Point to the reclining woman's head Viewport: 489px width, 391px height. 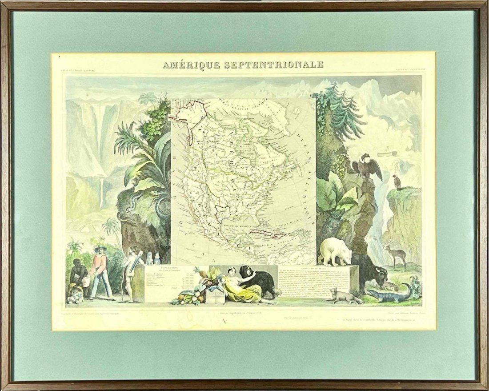coord(232,271)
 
